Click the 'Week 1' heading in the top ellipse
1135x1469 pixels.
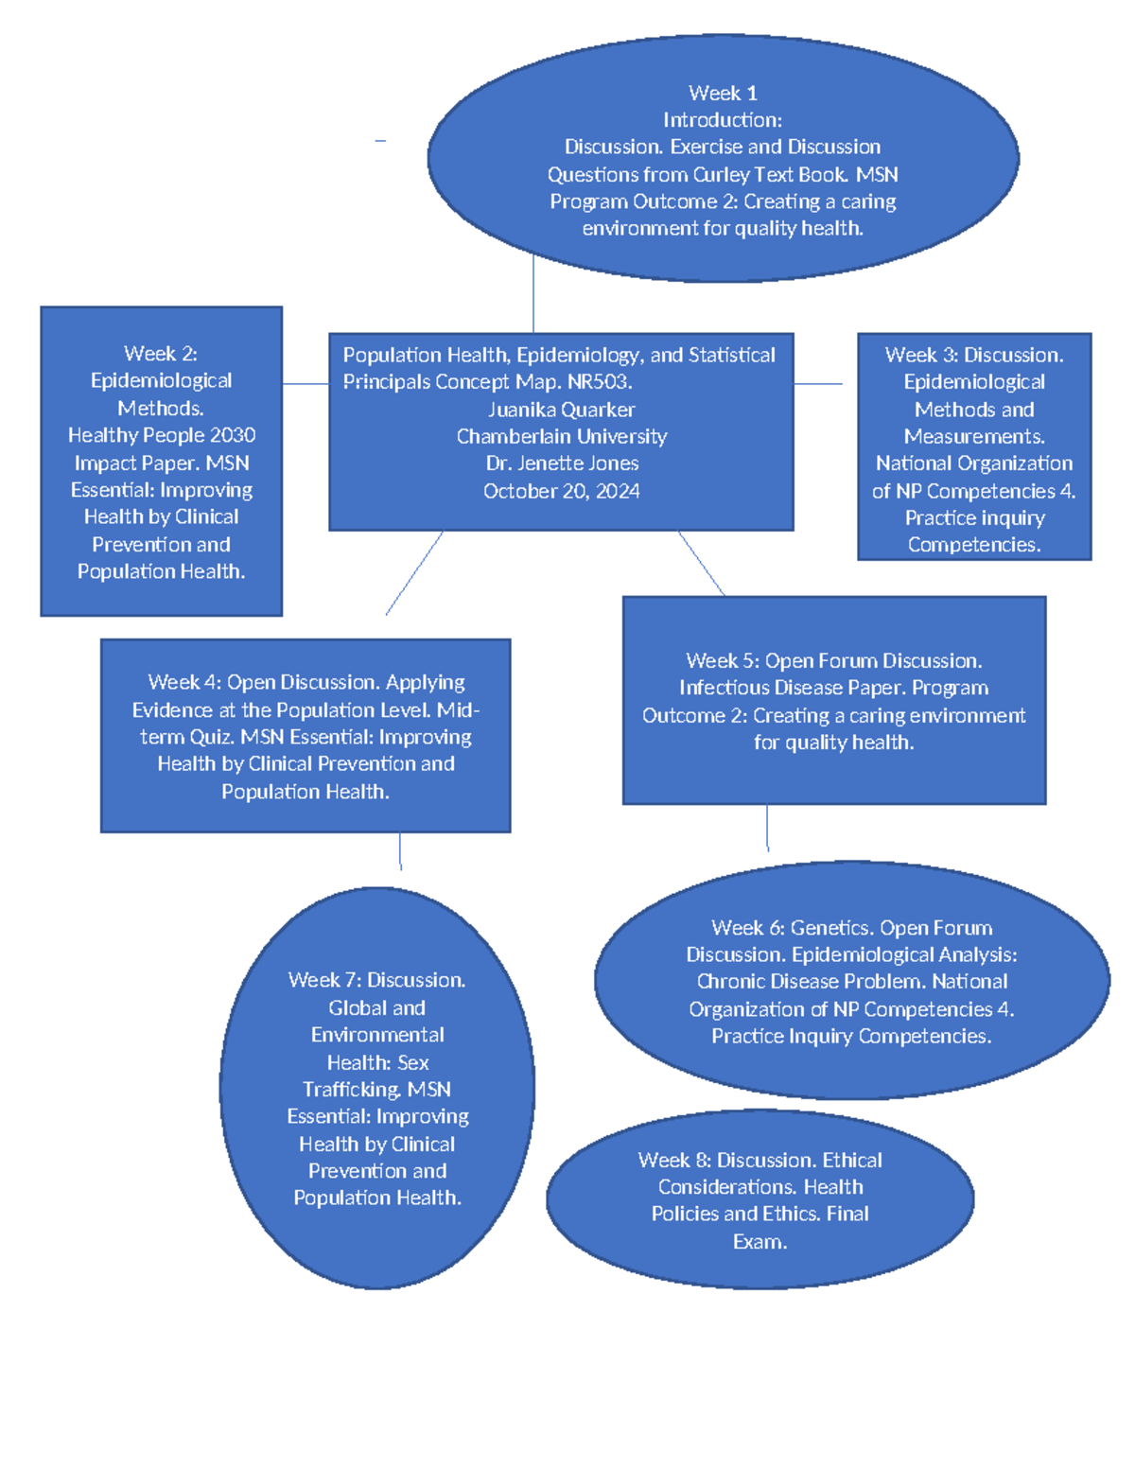click(x=723, y=93)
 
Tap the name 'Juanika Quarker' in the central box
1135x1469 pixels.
click(x=561, y=410)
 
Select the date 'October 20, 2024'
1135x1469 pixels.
click(x=561, y=491)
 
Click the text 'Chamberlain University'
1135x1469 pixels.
click(x=561, y=436)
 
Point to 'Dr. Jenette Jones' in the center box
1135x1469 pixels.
click(x=561, y=463)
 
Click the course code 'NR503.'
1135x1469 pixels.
click(x=600, y=382)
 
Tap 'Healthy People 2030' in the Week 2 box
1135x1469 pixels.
click(x=162, y=435)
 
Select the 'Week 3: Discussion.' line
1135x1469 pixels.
click(x=973, y=355)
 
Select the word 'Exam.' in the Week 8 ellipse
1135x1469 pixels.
click(x=760, y=1242)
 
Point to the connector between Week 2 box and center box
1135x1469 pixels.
click(x=305, y=383)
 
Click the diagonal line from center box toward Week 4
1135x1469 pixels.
click(x=414, y=573)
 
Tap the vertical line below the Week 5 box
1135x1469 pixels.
click(x=767, y=828)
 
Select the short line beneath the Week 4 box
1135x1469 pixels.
click(x=400, y=850)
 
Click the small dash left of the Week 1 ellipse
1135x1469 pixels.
click(x=380, y=141)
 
